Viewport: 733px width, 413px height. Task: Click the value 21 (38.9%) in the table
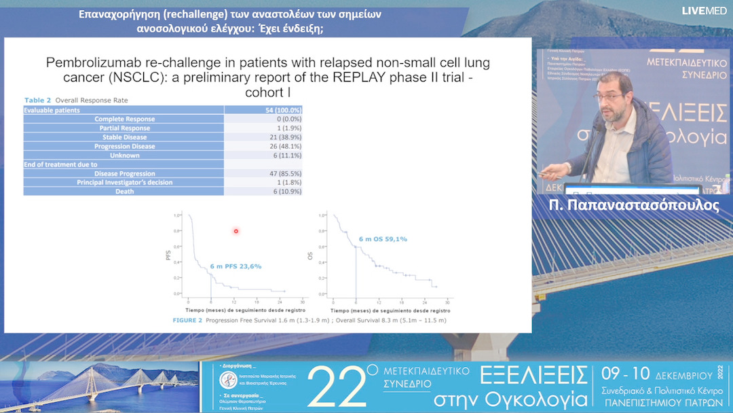click(x=283, y=137)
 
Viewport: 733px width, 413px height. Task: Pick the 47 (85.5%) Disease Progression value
click(x=283, y=174)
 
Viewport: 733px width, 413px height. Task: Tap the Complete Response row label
click(x=124, y=120)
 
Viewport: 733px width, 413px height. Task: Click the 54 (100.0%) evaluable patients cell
click(x=283, y=110)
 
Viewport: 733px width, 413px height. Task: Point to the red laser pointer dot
click(x=236, y=232)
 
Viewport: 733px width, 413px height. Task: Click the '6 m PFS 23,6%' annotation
click(x=236, y=266)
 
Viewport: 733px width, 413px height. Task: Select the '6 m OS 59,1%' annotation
click(x=383, y=238)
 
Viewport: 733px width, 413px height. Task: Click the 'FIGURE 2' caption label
click(x=187, y=320)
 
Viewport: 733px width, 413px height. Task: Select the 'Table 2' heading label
click(x=37, y=101)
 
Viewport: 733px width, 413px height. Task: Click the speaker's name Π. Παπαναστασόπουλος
click(x=633, y=206)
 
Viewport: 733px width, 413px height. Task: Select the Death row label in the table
click(x=124, y=192)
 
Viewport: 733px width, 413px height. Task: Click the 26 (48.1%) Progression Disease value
click(x=283, y=147)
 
